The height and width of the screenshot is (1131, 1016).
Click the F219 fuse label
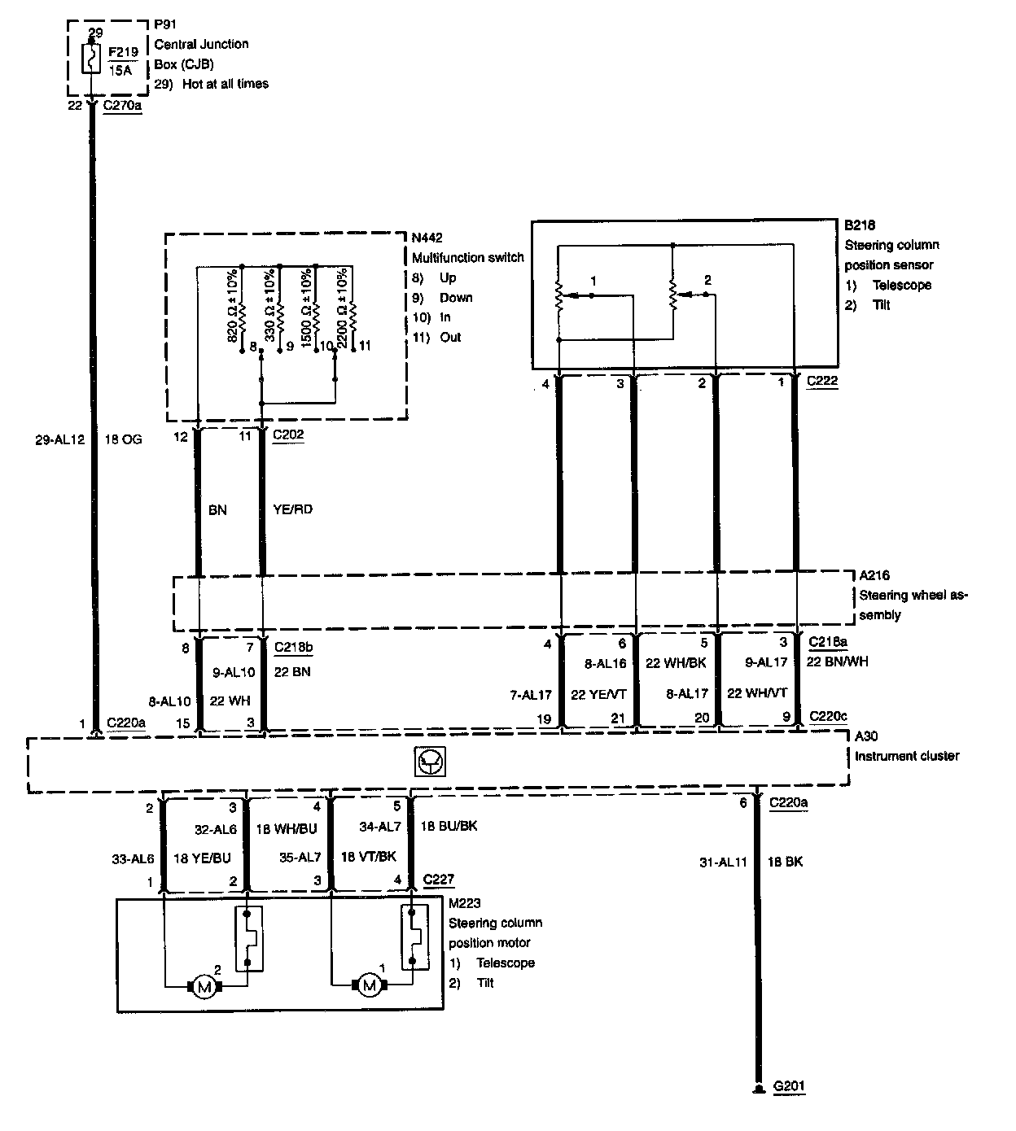124,51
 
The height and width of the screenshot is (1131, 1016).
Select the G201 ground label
789,1086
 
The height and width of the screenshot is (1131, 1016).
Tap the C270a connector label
123,106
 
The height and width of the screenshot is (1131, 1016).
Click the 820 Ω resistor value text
233,304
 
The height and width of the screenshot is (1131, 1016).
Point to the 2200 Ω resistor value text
342,306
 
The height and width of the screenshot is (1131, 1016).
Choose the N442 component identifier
427,237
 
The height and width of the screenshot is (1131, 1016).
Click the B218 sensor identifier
860,225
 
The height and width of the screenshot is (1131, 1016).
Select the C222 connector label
822,381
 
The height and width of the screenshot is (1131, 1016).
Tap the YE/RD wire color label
293,510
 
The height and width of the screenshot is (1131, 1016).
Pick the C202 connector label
288,434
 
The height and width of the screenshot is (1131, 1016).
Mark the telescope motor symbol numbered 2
205,987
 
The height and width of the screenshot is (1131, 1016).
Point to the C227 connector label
439,880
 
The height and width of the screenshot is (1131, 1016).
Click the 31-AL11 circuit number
723,862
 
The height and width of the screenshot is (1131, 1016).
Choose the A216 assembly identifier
874,575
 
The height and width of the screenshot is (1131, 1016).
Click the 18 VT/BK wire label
368,857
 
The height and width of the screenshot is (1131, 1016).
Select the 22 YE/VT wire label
599,694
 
